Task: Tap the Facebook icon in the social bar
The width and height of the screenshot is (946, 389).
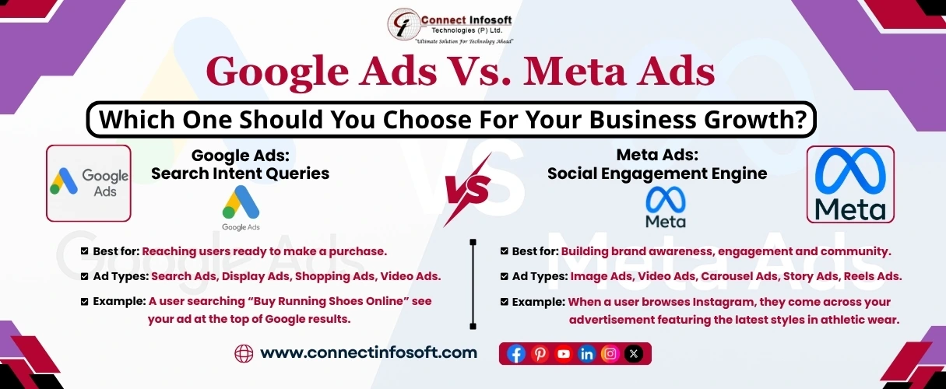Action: [516, 354]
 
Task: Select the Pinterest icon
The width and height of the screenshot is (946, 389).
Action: [540, 354]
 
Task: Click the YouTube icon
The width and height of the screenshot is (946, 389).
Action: [564, 354]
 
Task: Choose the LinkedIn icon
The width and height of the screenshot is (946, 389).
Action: [587, 354]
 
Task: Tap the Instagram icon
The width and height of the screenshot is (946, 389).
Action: [610, 354]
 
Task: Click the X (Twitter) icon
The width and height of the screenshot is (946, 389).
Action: [634, 354]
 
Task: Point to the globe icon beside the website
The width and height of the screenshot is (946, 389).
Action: [244, 353]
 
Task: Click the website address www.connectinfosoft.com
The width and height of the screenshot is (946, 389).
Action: [368, 352]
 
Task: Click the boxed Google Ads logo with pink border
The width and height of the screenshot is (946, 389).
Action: [89, 183]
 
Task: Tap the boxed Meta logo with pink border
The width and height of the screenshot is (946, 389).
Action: [849, 184]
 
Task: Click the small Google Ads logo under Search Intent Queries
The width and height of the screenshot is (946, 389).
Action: [241, 209]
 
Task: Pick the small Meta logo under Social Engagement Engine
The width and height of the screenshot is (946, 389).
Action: [666, 209]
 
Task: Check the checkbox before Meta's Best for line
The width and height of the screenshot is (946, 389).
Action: [505, 251]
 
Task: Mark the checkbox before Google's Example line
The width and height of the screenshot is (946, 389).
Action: [84, 301]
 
